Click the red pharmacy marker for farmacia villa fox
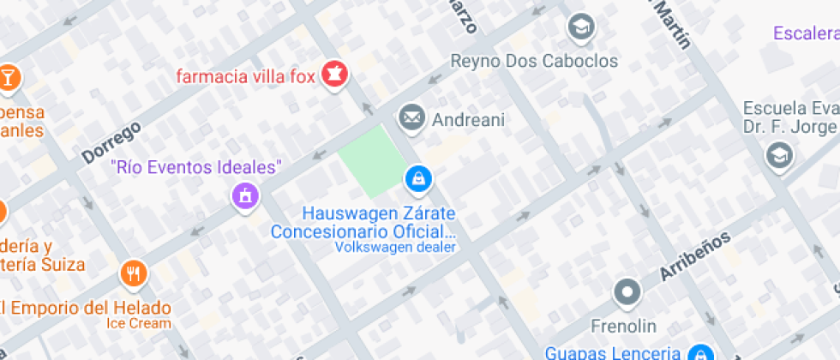point(334,74)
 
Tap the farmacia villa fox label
point(243,75)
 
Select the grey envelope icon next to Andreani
point(411,117)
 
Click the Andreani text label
point(468,119)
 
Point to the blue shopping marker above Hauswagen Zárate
point(417,178)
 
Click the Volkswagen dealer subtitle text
point(396,248)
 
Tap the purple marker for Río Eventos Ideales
point(244,196)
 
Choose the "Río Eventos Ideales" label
point(197,166)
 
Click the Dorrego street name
point(111,143)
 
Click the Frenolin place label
point(624,326)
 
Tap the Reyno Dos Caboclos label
point(534,61)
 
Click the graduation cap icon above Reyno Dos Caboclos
point(580,27)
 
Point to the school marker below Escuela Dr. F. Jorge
point(779,155)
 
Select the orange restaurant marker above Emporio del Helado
point(134,273)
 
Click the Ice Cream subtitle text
point(139,323)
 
